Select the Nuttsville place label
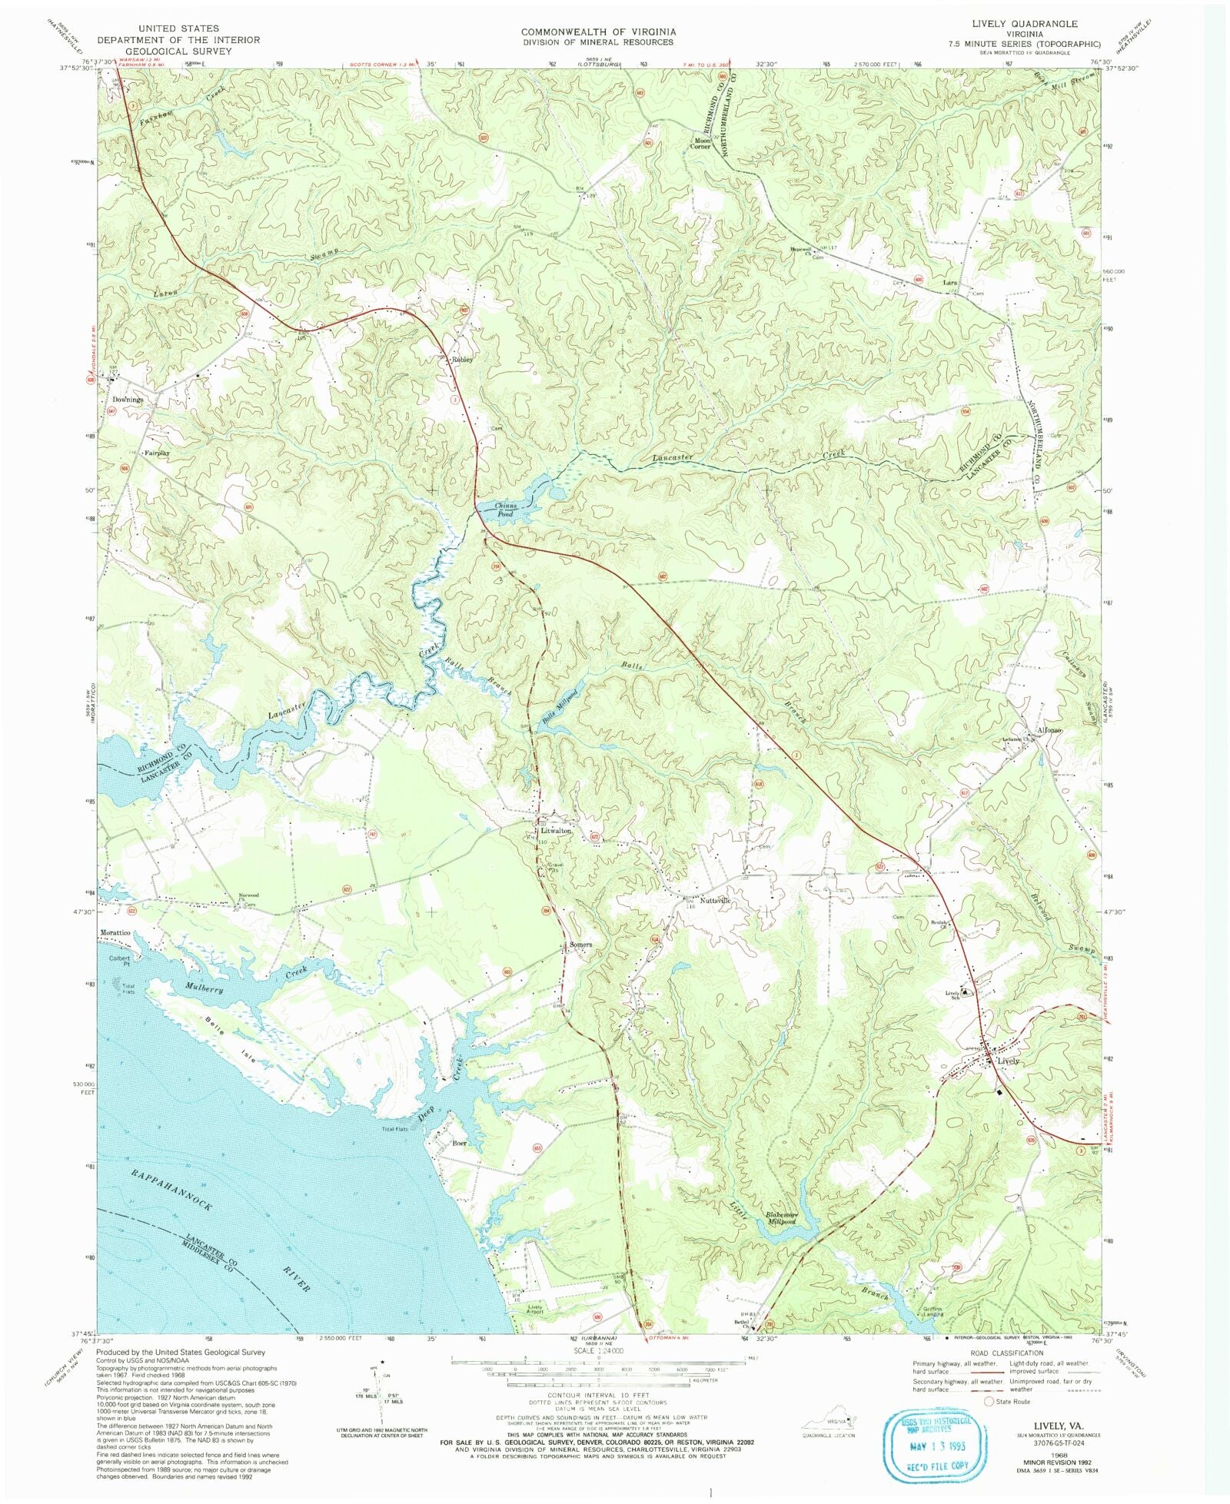715,900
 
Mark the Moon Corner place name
701,144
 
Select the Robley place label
462,359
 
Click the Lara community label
950,283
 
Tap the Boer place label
460,1143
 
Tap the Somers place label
580,945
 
